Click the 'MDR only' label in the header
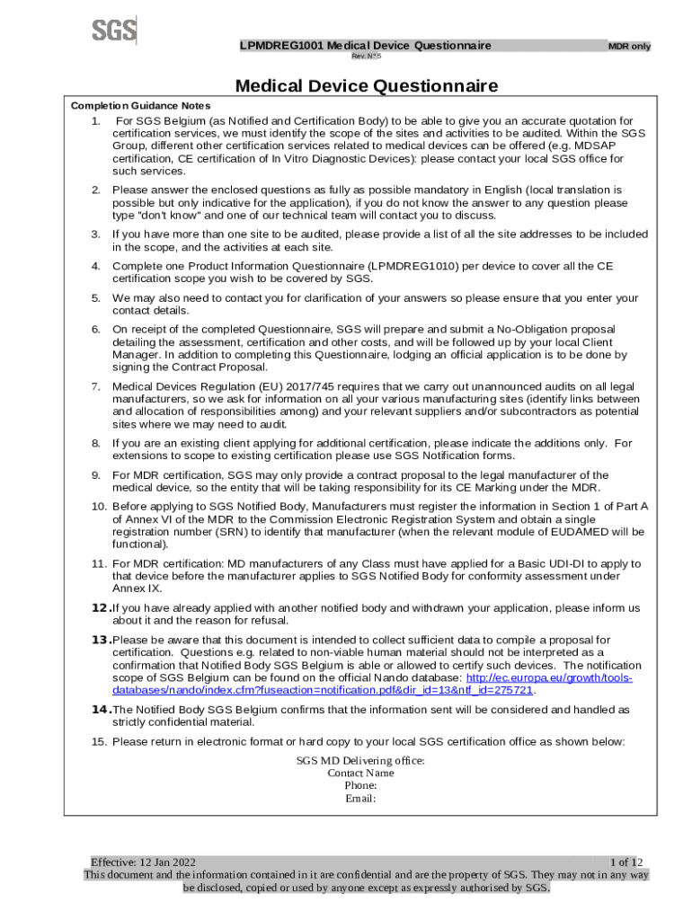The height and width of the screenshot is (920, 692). (x=629, y=47)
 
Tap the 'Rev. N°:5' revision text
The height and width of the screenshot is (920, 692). (x=366, y=56)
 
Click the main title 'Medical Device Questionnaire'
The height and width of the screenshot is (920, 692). (x=366, y=86)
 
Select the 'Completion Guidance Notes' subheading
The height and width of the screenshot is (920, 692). (x=140, y=106)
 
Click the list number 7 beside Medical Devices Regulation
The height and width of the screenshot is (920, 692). (x=96, y=386)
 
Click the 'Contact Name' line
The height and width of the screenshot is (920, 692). (x=360, y=773)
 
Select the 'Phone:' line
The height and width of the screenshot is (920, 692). (x=360, y=785)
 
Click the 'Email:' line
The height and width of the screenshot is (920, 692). (x=360, y=798)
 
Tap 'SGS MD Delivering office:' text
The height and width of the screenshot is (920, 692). (x=360, y=760)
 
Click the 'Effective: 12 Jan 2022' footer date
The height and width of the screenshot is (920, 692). (x=143, y=862)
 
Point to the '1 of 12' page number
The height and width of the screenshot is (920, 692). (x=626, y=862)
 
